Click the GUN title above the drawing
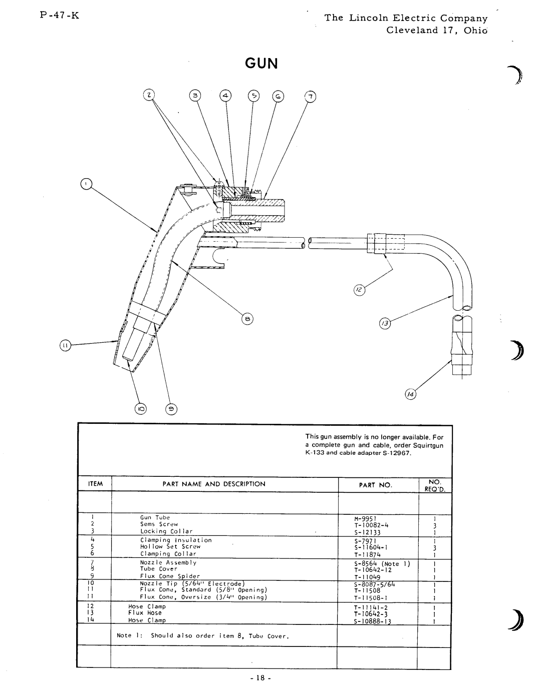(261, 64)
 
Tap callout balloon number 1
(86, 184)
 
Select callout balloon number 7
(310, 97)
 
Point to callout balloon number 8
(247, 319)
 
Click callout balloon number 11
(65, 345)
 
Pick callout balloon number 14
(410, 394)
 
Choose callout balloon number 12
(359, 290)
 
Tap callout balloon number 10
(140, 409)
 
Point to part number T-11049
(367, 577)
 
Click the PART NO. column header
(376, 485)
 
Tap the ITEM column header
(95, 484)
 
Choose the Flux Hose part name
(145, 613)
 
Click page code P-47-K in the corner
(60, 15)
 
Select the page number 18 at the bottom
(260, 678)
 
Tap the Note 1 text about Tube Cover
(203, 635)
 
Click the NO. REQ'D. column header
(435, 485)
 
